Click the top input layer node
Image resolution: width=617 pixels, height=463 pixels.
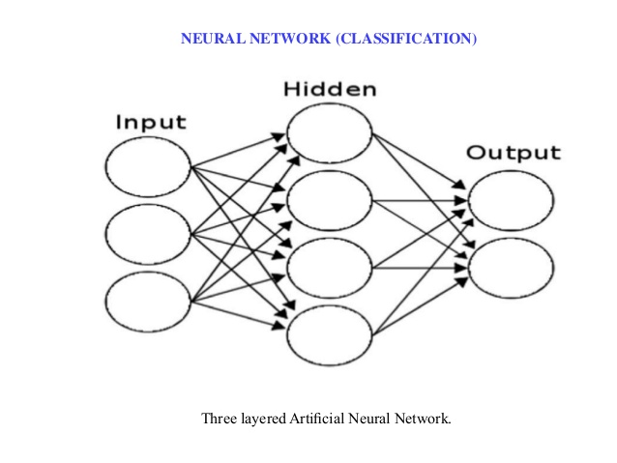[x=148, y=167]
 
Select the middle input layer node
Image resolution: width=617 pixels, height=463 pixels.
[x=148, y=234]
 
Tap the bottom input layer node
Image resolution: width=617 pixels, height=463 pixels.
[x=148, y=301]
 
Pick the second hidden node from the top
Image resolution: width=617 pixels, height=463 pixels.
[x=330, y=200]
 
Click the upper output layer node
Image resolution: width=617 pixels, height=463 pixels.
[x=511, y=200]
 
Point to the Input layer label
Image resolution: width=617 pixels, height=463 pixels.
[x=151, y=123]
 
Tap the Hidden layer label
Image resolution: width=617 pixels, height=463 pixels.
[x=330, y=90]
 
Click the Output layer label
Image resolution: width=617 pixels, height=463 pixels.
[x=513, y=153]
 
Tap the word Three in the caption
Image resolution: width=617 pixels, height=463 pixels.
[x=219, y=420]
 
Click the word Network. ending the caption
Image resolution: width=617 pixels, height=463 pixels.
[x=425, y=420]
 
